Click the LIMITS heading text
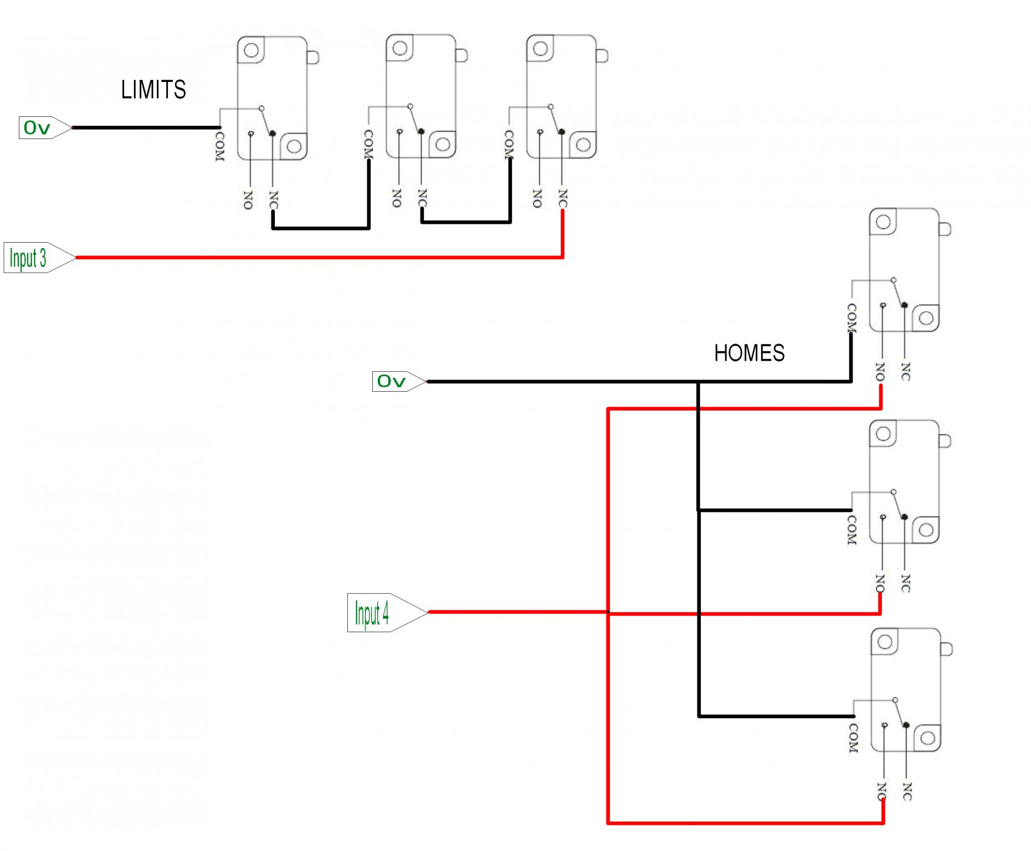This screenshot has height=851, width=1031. tap(153, 90)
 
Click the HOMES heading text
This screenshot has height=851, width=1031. tap(749, 353)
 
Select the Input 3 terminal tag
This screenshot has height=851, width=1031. tap(39, 258)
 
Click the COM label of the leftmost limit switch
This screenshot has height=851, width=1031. tap(220, 146)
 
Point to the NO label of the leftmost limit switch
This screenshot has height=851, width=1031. tap(248, 200)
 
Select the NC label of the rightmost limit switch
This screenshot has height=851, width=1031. tap(563, 198)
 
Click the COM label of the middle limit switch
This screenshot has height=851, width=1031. tap(368, 144)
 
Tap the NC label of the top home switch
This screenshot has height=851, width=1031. tap(906, 372)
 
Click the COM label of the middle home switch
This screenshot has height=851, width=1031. tap(852, 530)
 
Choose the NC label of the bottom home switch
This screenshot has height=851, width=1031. tap(907, 791)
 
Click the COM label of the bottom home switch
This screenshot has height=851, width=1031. tap(854, 738)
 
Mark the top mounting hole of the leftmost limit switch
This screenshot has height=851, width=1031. tap(251, 50)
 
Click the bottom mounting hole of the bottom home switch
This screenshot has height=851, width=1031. tap(927, 738)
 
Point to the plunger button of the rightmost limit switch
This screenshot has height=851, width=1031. tap(602, 55)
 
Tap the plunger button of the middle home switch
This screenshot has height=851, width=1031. tap(945, 441)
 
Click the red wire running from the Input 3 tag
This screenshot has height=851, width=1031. tap(320, 258)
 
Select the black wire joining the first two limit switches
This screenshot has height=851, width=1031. tap(321, 228)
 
